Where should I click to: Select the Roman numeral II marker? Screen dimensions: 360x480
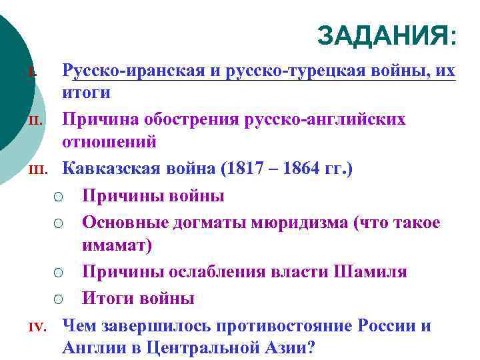pyautogui.click(x=37, y=121)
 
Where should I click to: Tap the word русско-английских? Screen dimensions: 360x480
pyautogui.click(x=342, y=119)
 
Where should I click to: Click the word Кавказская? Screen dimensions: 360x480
pyautogui.click(x=111, y=169)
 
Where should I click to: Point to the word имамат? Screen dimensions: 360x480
pyautogui.click(x=114, y=245)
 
